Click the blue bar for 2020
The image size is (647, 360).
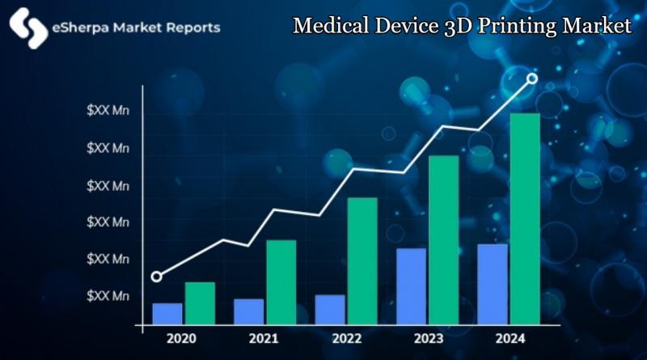coord(167,313)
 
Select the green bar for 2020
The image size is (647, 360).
coord(200,303)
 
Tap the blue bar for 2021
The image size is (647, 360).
coord(248,311)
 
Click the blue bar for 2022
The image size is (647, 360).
coord(330,309)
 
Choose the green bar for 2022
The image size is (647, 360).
coord(362,260)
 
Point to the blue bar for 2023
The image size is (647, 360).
coord(411,286)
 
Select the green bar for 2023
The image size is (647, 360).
coord(443,239)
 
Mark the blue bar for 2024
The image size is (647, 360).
coord(493,283)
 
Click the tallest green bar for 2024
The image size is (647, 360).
coord(525,218)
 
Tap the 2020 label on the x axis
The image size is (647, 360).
coord(182,338)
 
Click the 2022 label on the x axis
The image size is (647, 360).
coord(346,338)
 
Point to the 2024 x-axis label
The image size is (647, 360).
coord(510,338)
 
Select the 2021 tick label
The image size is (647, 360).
coord(264,338)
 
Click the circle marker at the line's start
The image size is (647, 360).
coord(156,277)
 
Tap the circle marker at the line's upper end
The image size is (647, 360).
coord(532,78)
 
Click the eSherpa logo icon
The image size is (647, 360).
coord(28,28)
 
